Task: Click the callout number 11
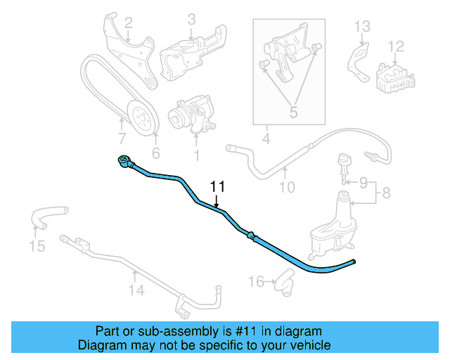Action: tap(217, 187)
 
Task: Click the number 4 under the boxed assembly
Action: tap(266, 139)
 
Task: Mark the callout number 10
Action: tap(287, 187)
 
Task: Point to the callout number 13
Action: tap(361, 27)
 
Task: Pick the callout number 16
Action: tap(257, 281)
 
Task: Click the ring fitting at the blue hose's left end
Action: tap(124, 162)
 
